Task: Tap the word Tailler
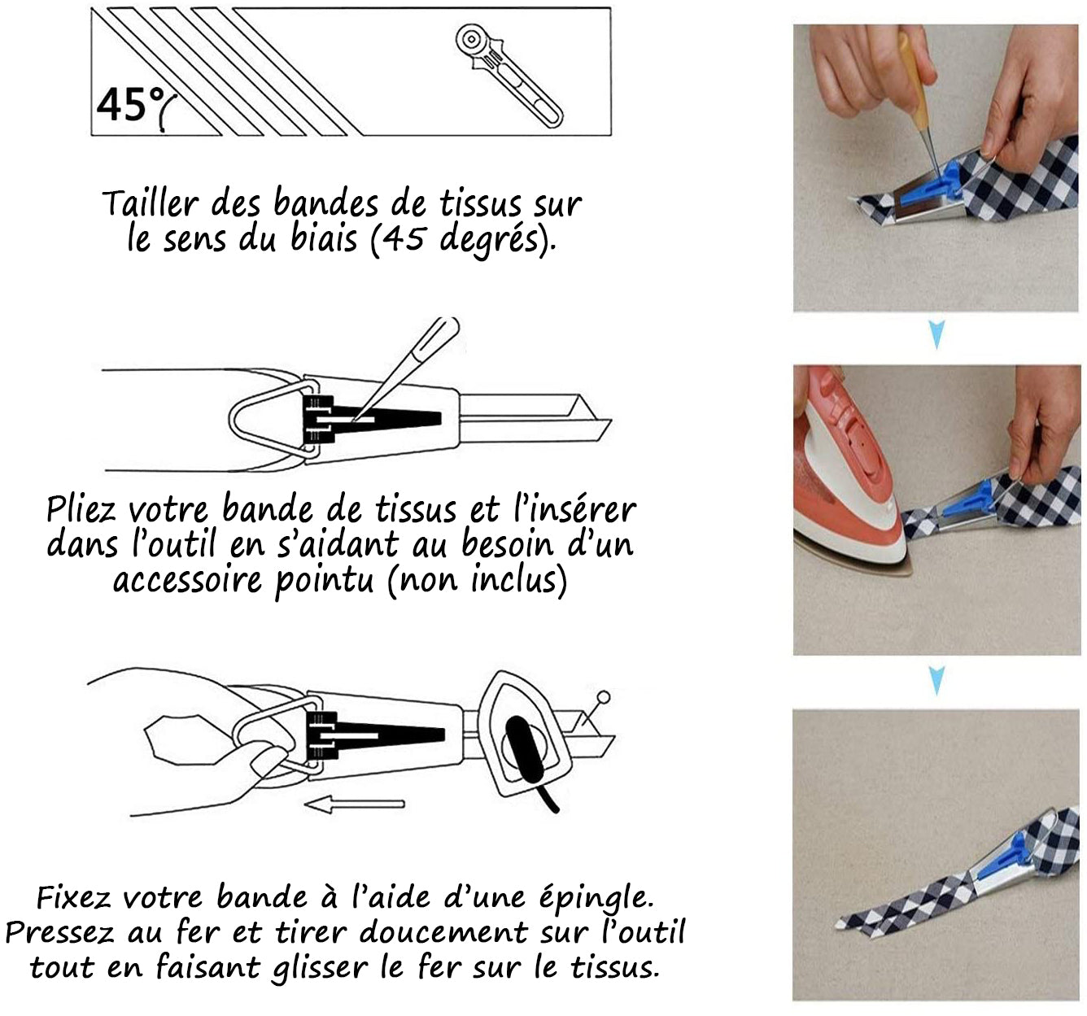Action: (x=150, y=203)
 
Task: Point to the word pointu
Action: (x=324, y=581)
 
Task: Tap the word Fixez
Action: (x=73, y=898)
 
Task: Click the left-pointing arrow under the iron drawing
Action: (x=354, y=805)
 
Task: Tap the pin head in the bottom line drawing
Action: (x=603, y=697)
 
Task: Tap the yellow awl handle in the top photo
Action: (x=912, y=74)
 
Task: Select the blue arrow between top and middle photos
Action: (x=936, y=334)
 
